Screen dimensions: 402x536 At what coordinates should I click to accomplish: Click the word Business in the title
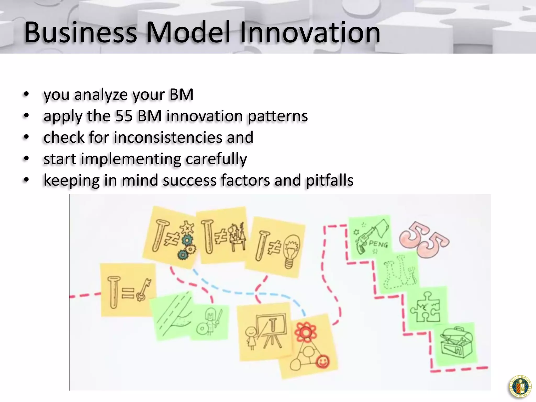[81, 32]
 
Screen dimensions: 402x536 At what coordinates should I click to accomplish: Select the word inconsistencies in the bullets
[168, 137]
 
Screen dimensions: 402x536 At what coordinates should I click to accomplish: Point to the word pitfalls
[330, 180]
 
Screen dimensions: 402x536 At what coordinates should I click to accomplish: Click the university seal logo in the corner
[520, 386]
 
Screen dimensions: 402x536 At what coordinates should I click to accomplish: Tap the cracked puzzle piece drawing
[425, 306]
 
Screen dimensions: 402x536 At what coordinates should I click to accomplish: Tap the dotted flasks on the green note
[399, 272]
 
